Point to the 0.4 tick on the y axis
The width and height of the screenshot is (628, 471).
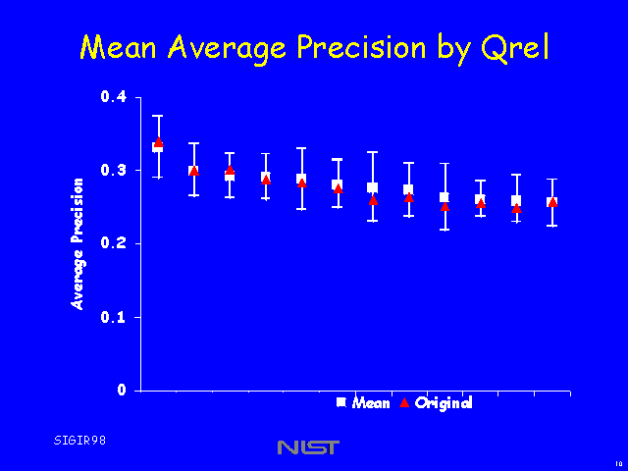point(114,97)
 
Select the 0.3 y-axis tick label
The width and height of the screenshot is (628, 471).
point(114,171)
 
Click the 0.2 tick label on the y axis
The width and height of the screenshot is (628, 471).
point(114,243)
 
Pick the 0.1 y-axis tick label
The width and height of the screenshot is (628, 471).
point(114,317)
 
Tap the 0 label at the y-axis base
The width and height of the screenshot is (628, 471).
point(123,391)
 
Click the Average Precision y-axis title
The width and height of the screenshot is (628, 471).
point(78,243)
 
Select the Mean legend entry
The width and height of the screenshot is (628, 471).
point(371,403)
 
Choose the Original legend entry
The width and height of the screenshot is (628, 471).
point(444,403)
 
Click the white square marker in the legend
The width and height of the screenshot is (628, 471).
point(341,402)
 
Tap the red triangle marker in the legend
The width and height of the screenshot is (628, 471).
point(403,402)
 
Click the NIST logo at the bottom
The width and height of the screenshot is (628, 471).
point(308,447)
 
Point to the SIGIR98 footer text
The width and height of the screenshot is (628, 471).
point(79,440)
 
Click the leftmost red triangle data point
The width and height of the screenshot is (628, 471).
point(158,142)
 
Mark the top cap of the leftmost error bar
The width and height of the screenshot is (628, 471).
point(158,116)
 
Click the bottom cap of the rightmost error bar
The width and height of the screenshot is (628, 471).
point(552,226)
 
